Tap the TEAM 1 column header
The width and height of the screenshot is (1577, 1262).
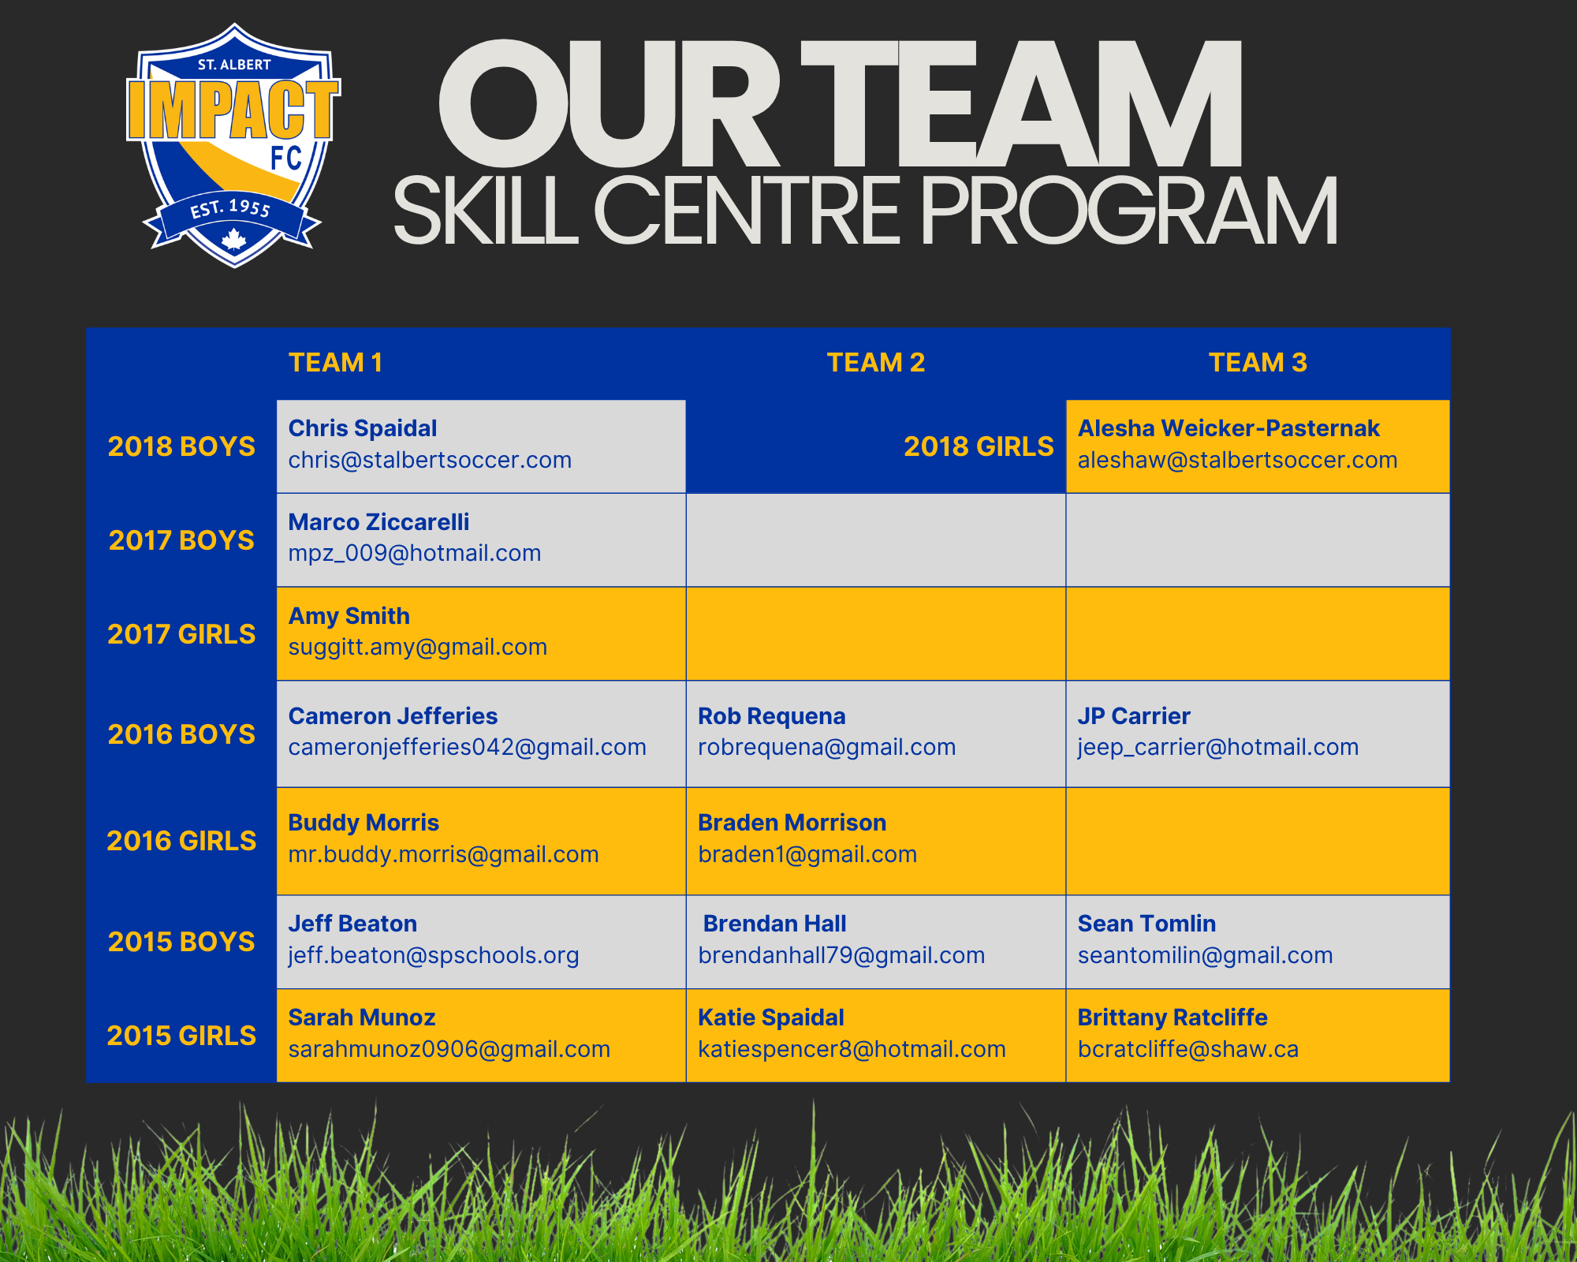335,363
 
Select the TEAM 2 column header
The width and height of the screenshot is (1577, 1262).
876,363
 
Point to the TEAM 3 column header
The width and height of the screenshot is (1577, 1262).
1258,363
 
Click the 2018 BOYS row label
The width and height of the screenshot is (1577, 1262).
181,446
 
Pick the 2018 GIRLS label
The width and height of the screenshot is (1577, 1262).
979,446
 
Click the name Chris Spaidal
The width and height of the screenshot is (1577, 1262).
363,428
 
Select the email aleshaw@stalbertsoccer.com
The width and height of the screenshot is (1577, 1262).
1237,460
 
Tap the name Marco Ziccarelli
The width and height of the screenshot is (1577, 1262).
378,522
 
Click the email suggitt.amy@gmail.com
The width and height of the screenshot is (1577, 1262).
418,648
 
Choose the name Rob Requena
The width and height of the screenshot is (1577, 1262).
771,716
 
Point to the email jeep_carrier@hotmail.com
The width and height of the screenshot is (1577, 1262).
1218,748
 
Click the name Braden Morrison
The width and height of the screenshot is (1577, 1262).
792,823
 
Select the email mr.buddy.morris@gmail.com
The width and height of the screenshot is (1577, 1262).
443,855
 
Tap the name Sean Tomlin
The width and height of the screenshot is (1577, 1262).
1146,924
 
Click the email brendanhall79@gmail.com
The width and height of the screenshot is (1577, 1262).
841,956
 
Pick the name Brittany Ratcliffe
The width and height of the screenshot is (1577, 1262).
1172,1017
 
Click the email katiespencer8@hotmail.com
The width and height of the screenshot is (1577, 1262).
852,1050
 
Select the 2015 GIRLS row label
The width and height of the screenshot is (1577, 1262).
181,1036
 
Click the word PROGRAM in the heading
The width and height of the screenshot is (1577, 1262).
1129,211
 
